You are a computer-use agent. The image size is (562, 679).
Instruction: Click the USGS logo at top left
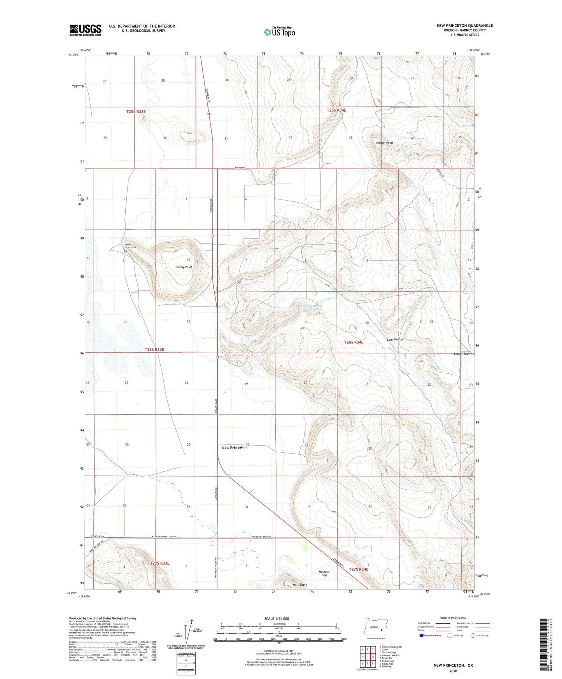pos(86,30)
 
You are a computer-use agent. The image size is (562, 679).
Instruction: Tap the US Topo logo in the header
pos(279,32)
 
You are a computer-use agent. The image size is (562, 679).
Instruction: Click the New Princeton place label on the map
pos(234,448)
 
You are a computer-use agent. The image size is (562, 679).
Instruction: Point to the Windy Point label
pos(184,267)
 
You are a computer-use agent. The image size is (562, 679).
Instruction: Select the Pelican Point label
pos(384,143)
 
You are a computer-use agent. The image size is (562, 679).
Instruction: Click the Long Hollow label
pos(395,339)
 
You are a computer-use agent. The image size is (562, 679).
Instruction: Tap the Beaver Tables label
pos(462,354)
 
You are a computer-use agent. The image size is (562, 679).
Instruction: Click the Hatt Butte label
pos(300,585)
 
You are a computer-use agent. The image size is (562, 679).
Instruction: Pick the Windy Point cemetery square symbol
pos(125,251)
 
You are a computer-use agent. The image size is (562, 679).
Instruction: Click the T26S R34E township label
pos(354,342)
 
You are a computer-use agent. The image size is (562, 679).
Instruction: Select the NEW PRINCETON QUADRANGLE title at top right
pos(464,26)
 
